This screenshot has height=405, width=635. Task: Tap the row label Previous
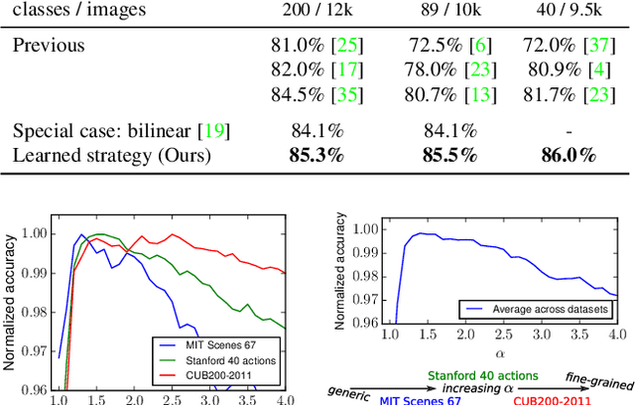51,46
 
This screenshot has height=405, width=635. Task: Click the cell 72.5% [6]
437,46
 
